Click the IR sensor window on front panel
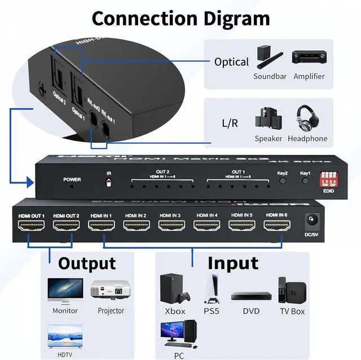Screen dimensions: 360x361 pyautogui.click(x=108, y=182)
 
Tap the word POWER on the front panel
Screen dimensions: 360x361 pyautogui.click(x=72, y=179)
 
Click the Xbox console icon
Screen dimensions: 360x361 pyautogui.click(x=175, y=289)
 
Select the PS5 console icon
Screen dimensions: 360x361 pyautogui.click(x=211, y=289)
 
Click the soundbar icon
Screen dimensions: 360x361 pyautogui.click(x=268, y=57)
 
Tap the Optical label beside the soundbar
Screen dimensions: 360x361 pyautogui.click(x=231, y=62)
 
